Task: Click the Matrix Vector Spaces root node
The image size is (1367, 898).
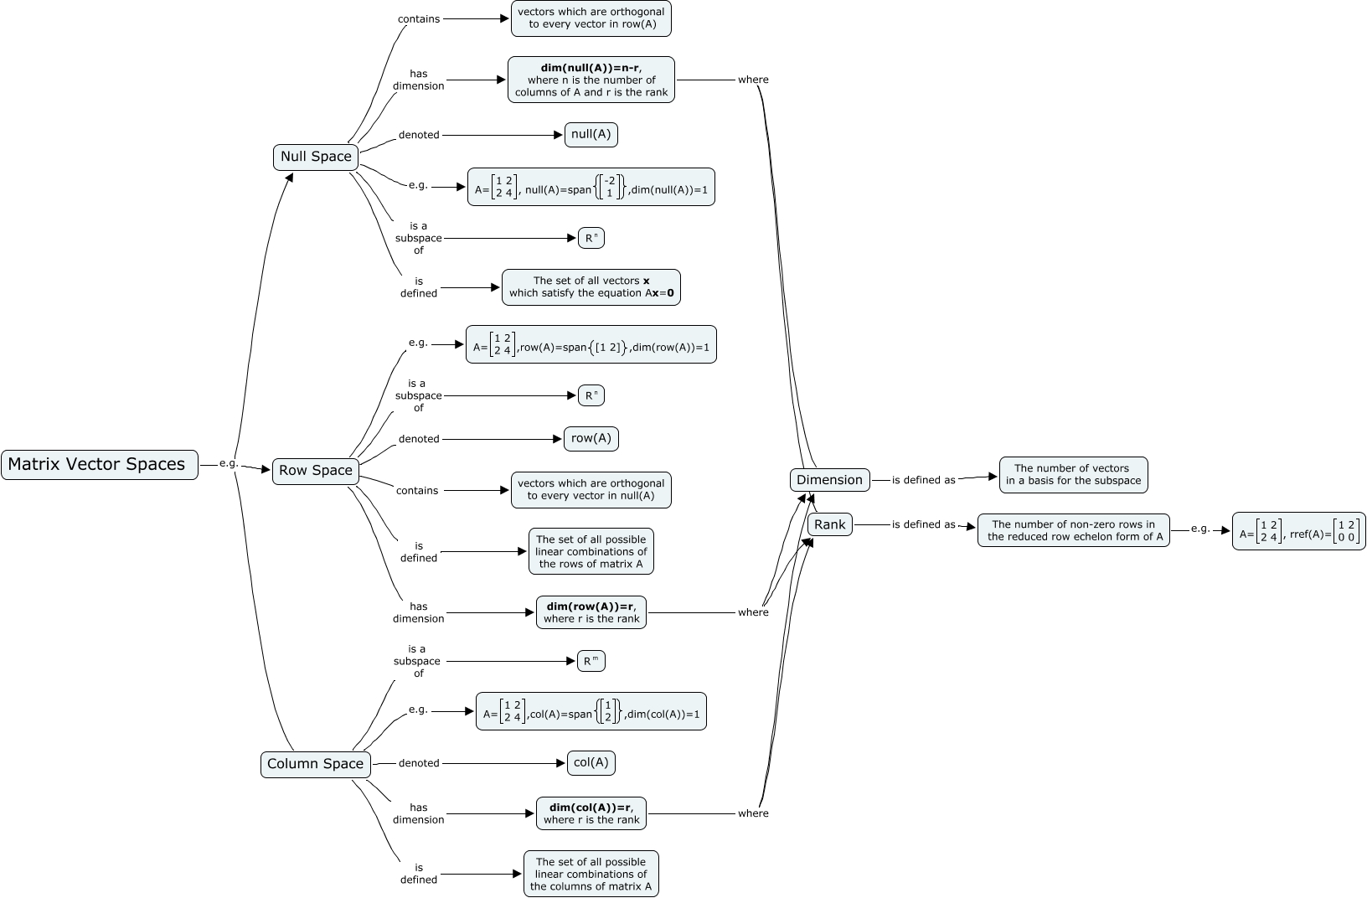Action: click(x=99, y=464)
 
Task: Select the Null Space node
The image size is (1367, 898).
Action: click(x=316, y=157)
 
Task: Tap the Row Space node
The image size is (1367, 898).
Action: click(x=316, y=471)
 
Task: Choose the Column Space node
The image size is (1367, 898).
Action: click(x=315, y=764)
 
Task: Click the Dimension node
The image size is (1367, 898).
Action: click(x=829, y=480)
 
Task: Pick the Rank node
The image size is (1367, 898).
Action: click(x=830, y=524)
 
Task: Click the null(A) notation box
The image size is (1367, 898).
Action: click(x=591, y=134)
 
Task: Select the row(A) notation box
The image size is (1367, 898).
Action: click(x=591, y=438)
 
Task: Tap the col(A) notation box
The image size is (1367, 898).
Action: click(x=591, y=762)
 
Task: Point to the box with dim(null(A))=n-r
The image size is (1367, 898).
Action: click(x=591, y=80)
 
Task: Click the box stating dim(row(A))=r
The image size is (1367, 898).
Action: click(x=591, y=612)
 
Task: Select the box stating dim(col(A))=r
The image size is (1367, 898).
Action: click(x=591, y=813)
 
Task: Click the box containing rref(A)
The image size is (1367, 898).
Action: click(x=1298, y=531)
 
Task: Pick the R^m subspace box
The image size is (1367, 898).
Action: click(x=591, y=661)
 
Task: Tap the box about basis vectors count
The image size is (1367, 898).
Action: click(x=1073, y=475)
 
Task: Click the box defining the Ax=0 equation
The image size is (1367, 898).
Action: click(x=591, y=287)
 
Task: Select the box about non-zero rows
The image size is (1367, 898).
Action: click(x=1073, y=530)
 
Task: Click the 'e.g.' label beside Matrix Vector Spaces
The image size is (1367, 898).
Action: click(x=229, y=463)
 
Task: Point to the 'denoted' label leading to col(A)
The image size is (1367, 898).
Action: click(x=419, y=763)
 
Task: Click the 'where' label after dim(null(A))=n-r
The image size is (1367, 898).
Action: click(x=753, y=80)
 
